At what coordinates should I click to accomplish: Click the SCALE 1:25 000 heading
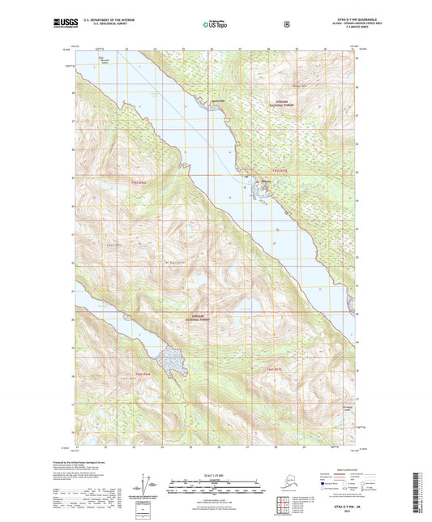tap(215, 473)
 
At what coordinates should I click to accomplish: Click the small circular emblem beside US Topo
tap(287, 24)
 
